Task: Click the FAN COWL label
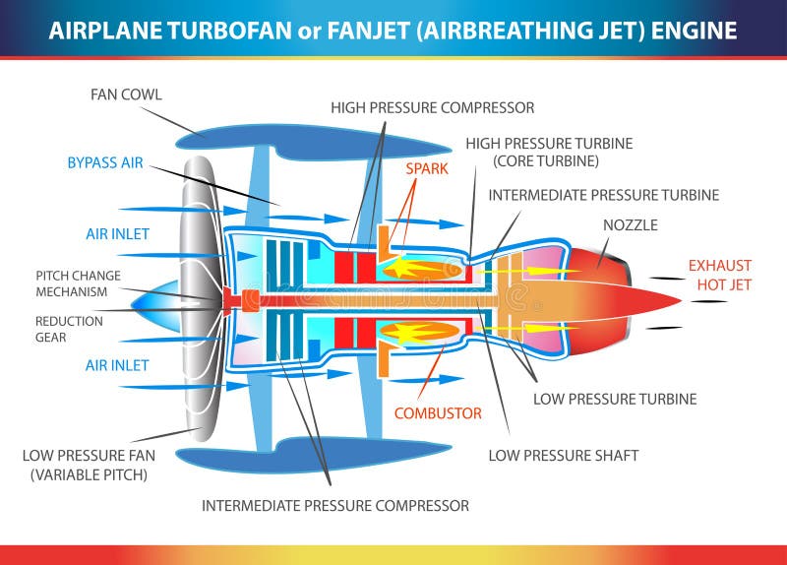[126, 95]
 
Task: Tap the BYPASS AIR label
[105, 162]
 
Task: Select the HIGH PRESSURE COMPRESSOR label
[432, 107]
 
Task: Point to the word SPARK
[427, 168]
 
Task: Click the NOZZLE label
[630, 225]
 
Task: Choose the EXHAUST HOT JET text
[719, 275]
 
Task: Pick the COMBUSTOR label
[438, 413]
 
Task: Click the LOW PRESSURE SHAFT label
[564, 456]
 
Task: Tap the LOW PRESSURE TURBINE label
[615, 399]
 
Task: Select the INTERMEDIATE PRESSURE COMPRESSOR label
[335, 505]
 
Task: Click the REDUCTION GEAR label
[69, 329]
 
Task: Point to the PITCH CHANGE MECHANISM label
[79, 283]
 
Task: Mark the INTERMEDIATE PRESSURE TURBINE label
[603, 195]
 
